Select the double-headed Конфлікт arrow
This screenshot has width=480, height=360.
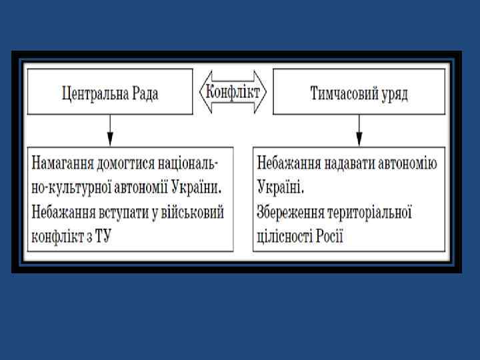tap(233, 91)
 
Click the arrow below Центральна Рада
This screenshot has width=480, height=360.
tap(111, 129)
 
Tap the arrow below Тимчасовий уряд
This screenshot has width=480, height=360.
tap(359, 129)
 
